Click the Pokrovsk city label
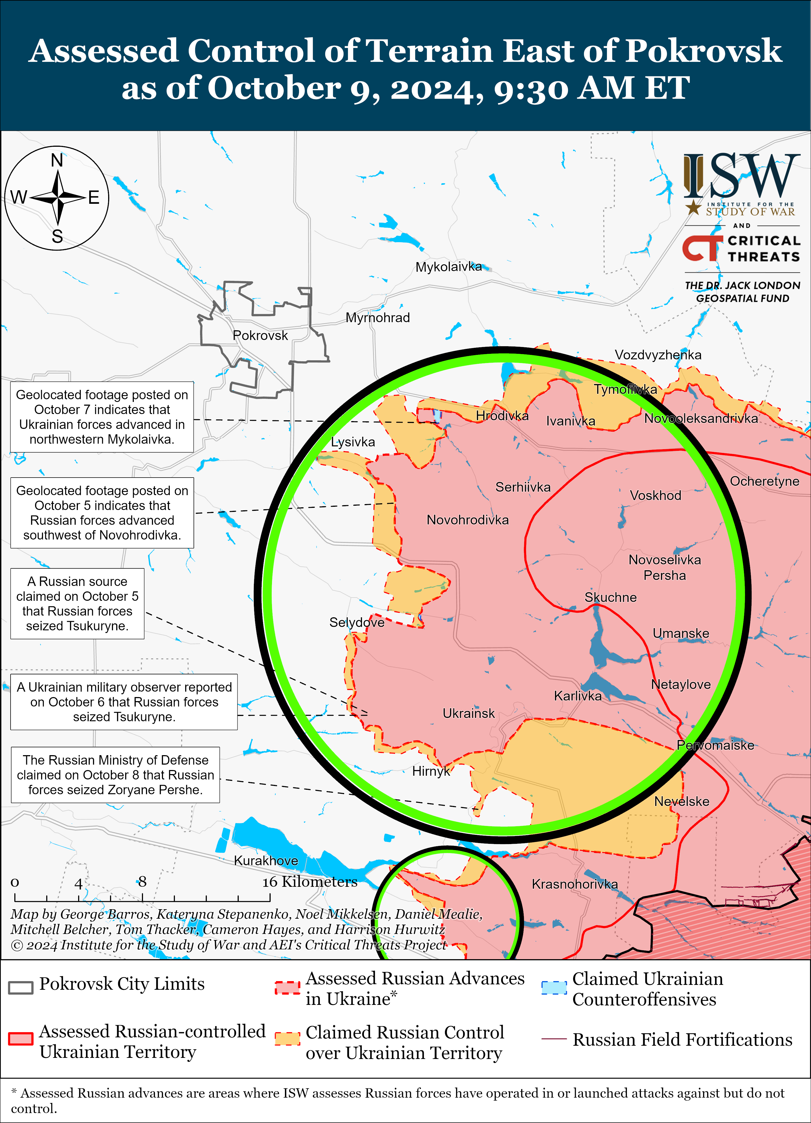pos(260,336)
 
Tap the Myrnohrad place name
pos(377,318)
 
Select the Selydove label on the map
pos(357,622)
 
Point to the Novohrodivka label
pos(467,520)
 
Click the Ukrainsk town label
pos(468,714)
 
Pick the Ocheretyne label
pos(764,481)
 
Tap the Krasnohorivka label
pos(574,884)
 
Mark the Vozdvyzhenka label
pos(657,355)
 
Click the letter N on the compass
pos(57,161)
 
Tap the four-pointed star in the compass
pos(58,198)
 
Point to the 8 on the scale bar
pos(142,882)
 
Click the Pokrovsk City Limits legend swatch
pos(21,987)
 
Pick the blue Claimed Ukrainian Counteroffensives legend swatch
pos(554,987)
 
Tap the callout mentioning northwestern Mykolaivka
pos(102,417)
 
